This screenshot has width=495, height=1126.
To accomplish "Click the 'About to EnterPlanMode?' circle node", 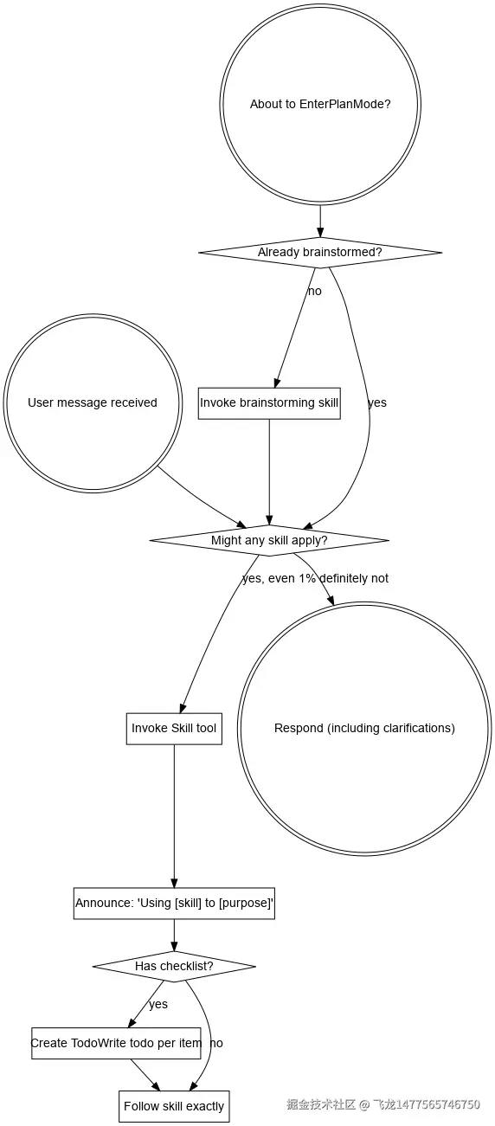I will coord(320,104).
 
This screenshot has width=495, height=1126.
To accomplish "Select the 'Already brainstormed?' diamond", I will coord(320,253).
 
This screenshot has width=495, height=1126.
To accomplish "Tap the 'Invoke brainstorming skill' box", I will coord(269,402).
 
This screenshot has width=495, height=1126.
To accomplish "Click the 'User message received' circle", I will coord(93,402).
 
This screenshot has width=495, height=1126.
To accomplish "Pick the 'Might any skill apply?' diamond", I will coord(269,540).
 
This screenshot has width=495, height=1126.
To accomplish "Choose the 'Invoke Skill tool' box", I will coord(174,728).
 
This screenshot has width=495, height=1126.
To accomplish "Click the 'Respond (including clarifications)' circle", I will coord(364,728).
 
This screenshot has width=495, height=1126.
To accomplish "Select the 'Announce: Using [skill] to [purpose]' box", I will coord(174,903).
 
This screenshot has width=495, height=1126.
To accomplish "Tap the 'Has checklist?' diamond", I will coord(174,965).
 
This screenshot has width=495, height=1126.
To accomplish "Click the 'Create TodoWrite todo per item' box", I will coord(116,1043).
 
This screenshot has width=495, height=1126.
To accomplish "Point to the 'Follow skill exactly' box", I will coord(174,1106).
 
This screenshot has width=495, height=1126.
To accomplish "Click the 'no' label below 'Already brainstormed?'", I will coord(314,291).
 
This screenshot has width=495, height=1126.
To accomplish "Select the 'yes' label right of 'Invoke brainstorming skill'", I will coord(377,402).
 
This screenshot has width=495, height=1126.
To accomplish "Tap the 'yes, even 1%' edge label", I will coord(279,578).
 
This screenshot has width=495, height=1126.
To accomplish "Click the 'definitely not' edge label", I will coord(354,578).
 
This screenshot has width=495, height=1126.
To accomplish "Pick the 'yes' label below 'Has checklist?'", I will coord(158,1004).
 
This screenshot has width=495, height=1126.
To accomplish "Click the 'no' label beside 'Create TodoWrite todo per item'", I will coord(216,1043).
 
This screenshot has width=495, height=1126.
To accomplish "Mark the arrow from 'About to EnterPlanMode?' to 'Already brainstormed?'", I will coord(320,220).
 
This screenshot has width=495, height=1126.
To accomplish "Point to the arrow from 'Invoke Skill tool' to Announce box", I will coord(174,814).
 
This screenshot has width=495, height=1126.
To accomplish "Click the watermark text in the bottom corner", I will coord(383,1104).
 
